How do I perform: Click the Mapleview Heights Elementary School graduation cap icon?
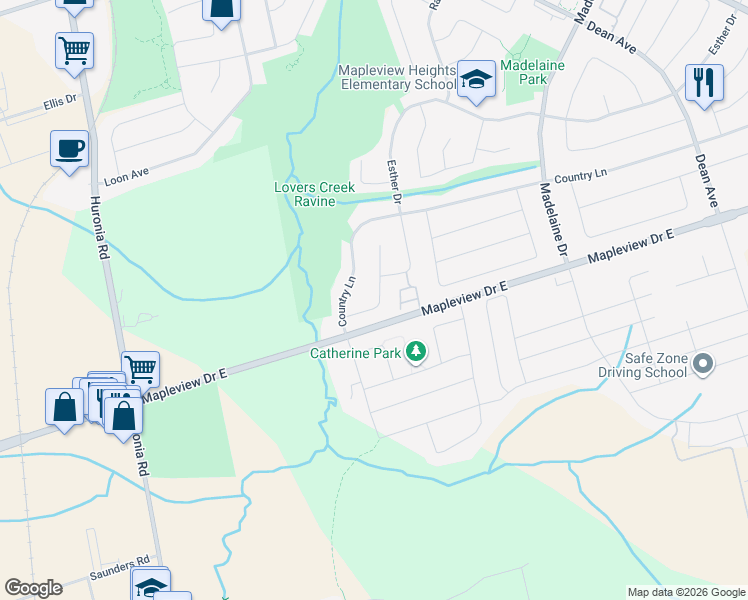pos(477,80)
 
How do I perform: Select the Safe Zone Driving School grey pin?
pos(703,364)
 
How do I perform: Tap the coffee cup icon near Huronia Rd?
pos(69,149)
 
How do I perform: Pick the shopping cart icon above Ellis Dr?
pos(75,49)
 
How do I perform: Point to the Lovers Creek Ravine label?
pos(315,194)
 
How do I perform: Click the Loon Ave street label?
pos(126,177)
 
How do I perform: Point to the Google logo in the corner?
pos(33,588)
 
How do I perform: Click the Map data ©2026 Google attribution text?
pos(685,592)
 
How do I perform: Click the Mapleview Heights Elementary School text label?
pos(397,77)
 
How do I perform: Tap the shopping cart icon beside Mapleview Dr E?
pos(140,368)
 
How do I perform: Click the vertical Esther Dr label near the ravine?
pos(394,183)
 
